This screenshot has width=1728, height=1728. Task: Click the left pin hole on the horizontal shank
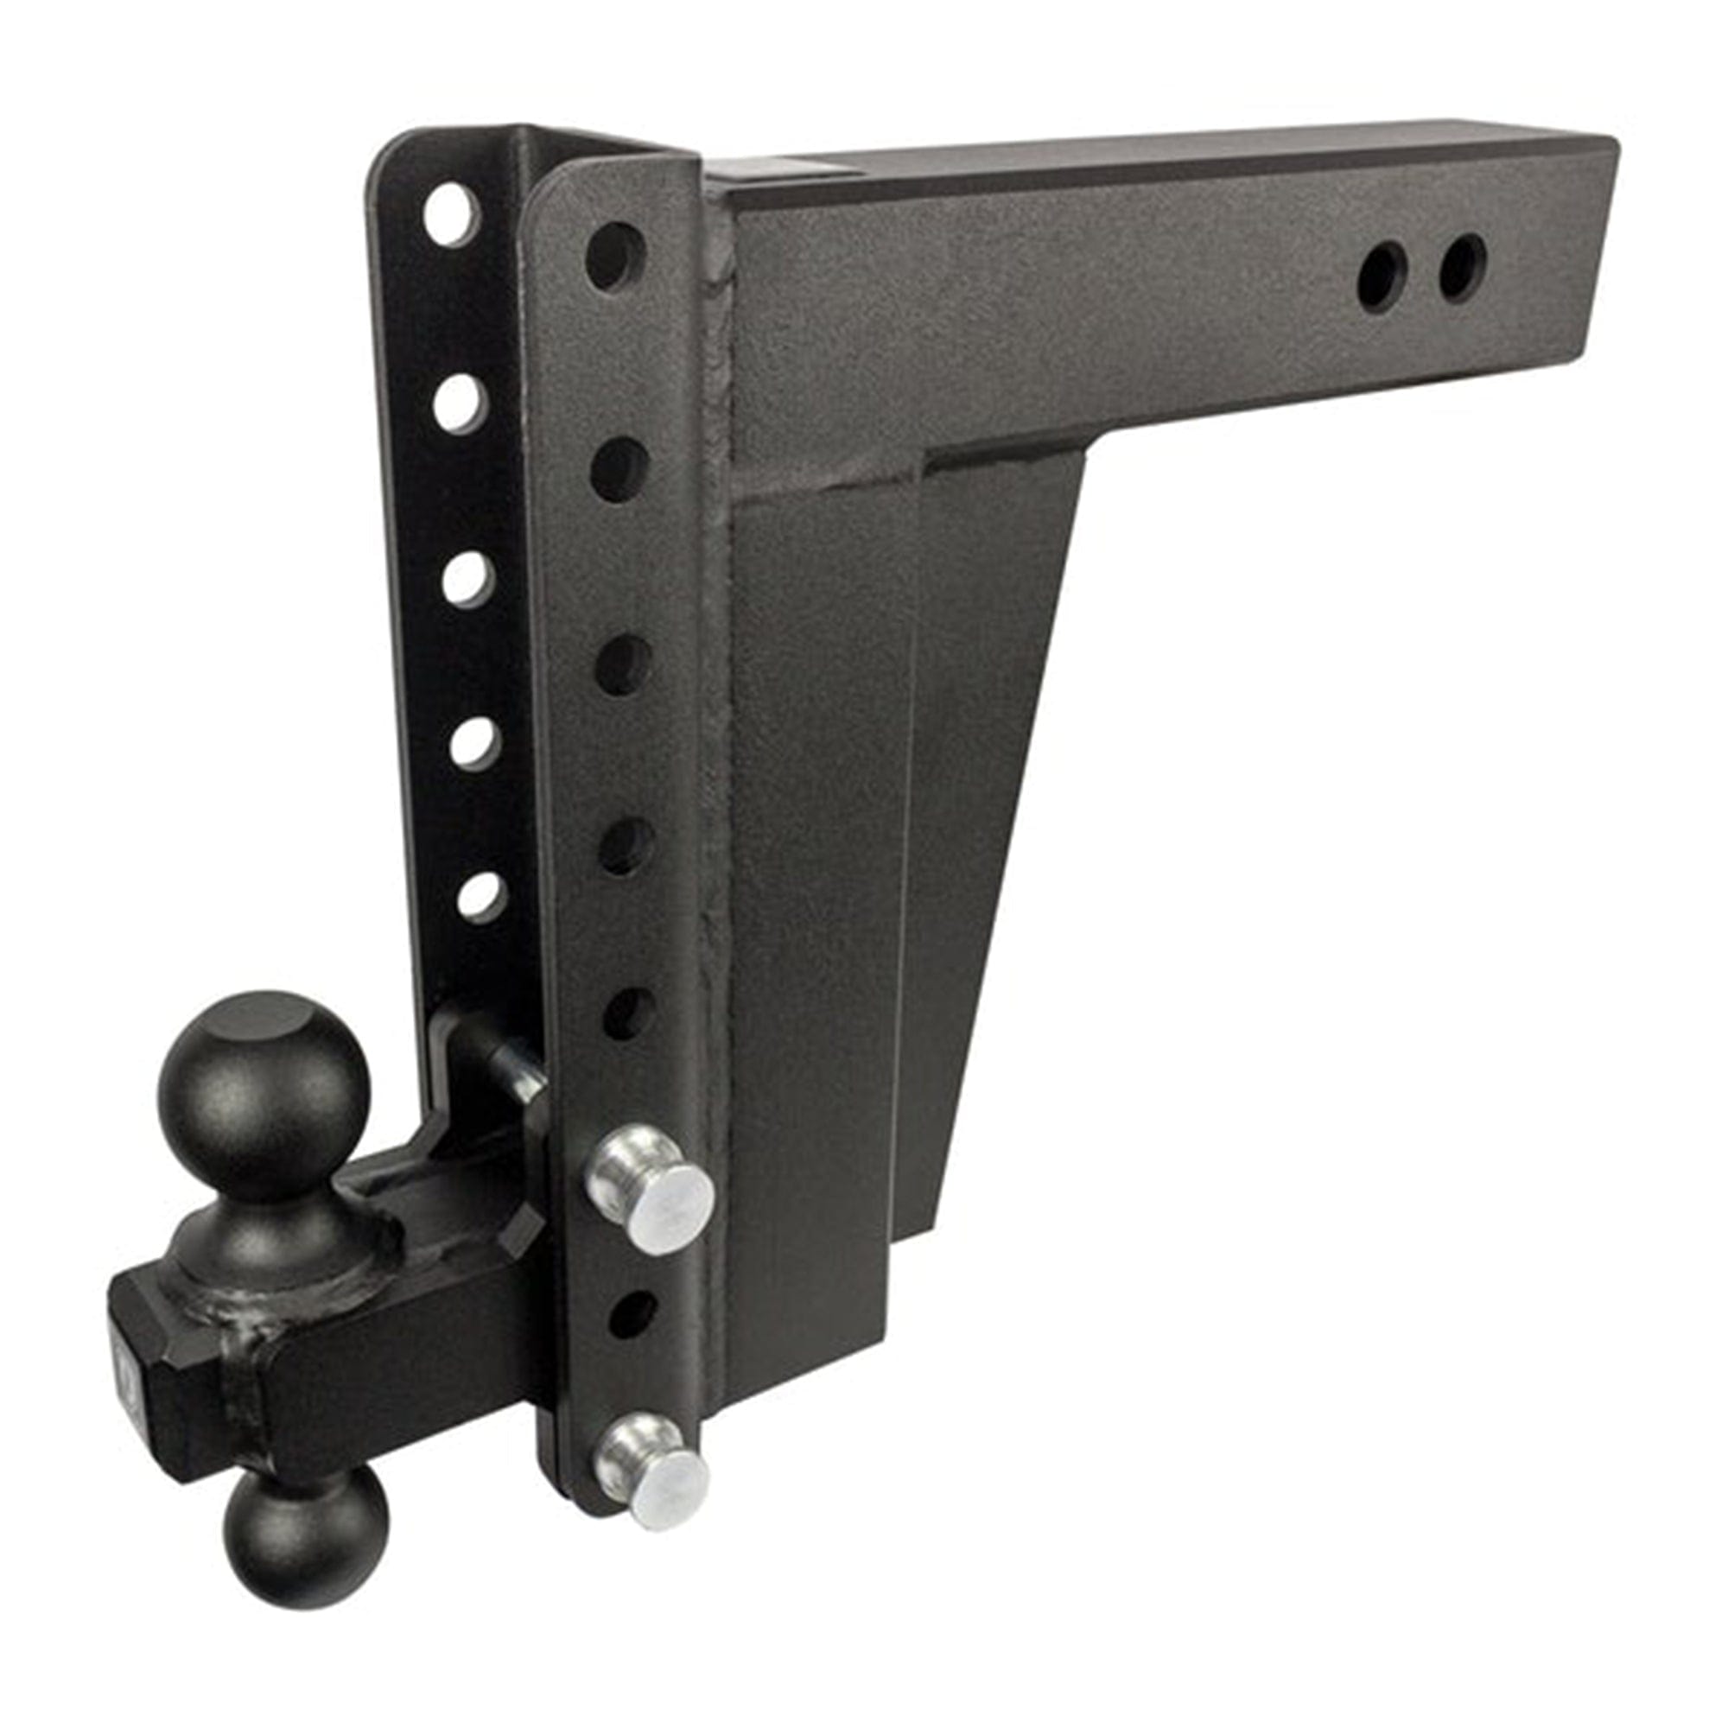pyautogui.click(x=1382, y=277)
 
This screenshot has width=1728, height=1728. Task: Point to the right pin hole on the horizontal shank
pyautogui.click(x=1464, y=266)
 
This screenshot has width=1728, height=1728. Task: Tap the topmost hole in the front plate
pyautogui.click(x=615, y=255)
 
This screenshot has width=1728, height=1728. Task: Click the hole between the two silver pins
pyautogui.click(x=633, y=1315)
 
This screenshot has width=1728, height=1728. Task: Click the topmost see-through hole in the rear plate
pyautogui.click(x=451, y=214)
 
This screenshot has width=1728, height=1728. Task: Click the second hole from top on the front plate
pyautogui.click(x=619, y=469)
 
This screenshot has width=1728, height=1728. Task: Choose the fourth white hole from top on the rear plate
pyautogui.click(x=474, y=742)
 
